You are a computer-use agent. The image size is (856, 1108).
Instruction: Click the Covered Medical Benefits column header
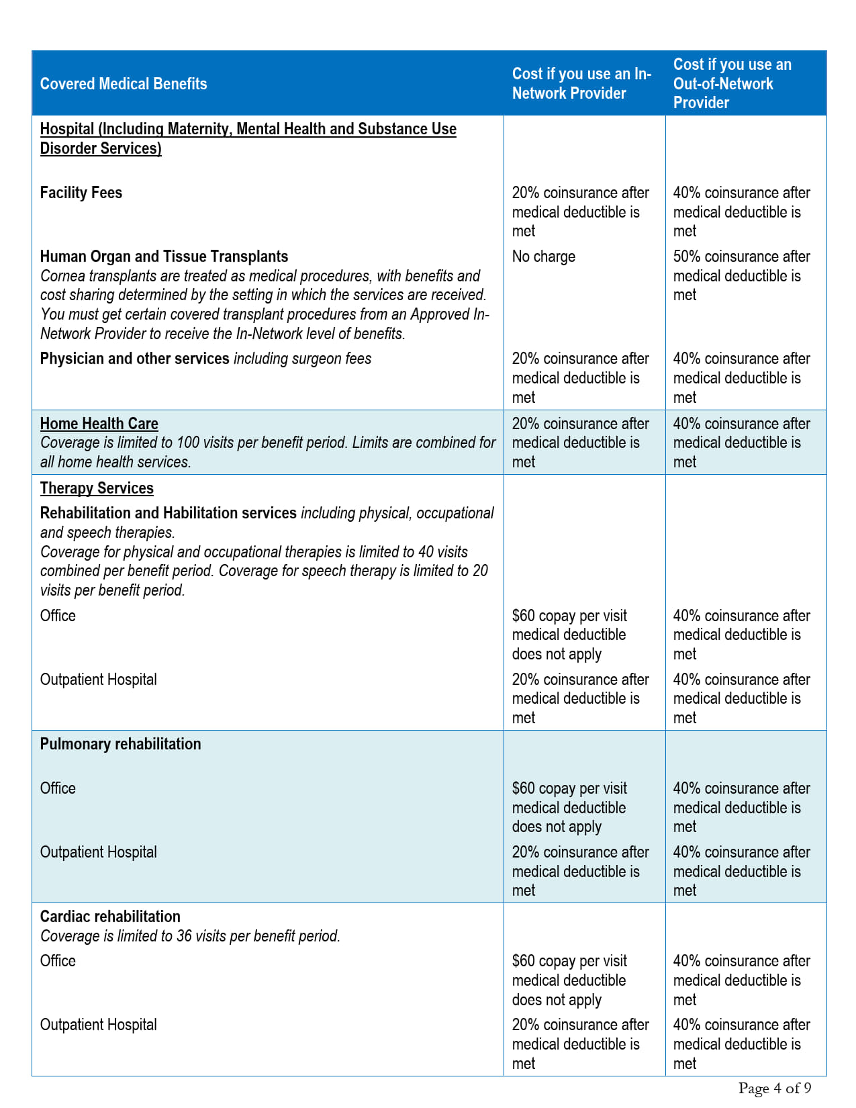(x=124, y=84)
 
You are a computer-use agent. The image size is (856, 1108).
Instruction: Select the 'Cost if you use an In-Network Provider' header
(x=581, y=84)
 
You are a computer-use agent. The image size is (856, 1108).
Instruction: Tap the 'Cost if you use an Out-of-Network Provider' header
(x=732, y=84)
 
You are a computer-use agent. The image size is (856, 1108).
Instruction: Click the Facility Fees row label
(x=81, y=193)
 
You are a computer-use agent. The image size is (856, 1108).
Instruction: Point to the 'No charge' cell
(x=544, y=257)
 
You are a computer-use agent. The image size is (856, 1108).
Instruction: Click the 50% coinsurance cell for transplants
(x=741, y=275)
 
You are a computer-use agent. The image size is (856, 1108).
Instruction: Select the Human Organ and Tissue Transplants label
(x=164, y=257)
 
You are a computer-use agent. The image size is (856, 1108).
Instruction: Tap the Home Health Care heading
(x=99, y=424)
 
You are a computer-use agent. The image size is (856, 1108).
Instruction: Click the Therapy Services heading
(x=97, y=488)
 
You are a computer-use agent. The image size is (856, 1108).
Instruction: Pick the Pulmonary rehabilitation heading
(x=120, y=744)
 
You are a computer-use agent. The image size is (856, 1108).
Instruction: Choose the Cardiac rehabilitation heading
(x=110, y=917)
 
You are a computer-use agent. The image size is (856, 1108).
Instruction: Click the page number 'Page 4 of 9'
(x=775, y=1089)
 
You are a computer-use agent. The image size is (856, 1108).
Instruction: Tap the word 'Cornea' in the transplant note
(x=63, y=276)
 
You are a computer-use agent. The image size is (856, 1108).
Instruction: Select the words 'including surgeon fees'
(x=302, y=359)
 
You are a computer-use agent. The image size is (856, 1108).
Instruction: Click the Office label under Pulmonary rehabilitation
(x=58, y=788)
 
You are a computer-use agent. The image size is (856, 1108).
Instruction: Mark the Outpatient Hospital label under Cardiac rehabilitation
(x=99, y=1025)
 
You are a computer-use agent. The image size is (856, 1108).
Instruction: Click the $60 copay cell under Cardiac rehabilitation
(x=569, y=980)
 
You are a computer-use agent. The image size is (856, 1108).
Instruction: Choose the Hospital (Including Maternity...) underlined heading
(x=248, y=138)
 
